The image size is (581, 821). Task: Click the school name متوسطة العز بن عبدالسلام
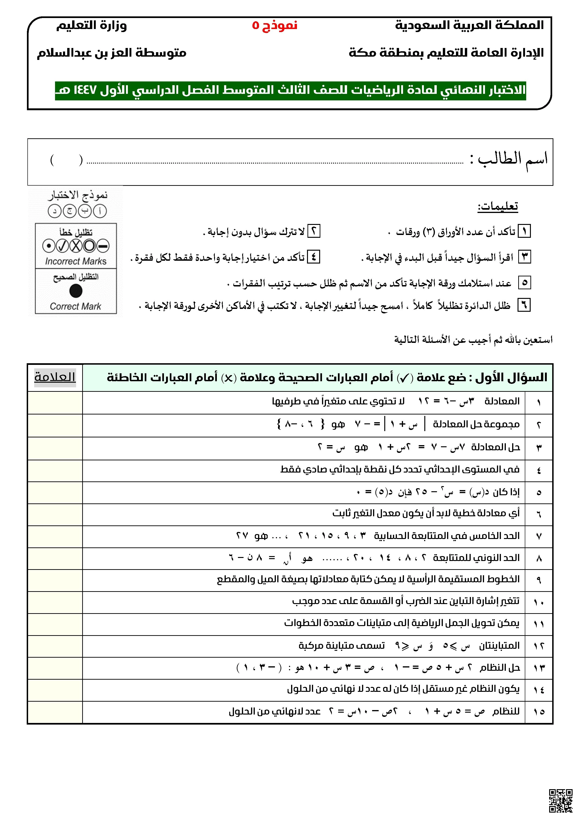pyautogui.click(x=112, y=53)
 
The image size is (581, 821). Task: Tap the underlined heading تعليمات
pyautogui.click(x=498, y=206)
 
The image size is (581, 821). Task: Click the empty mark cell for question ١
pyautogui.click(x=55, y=403)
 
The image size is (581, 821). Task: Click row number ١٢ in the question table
pyautogui.click(x=539, y=646)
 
